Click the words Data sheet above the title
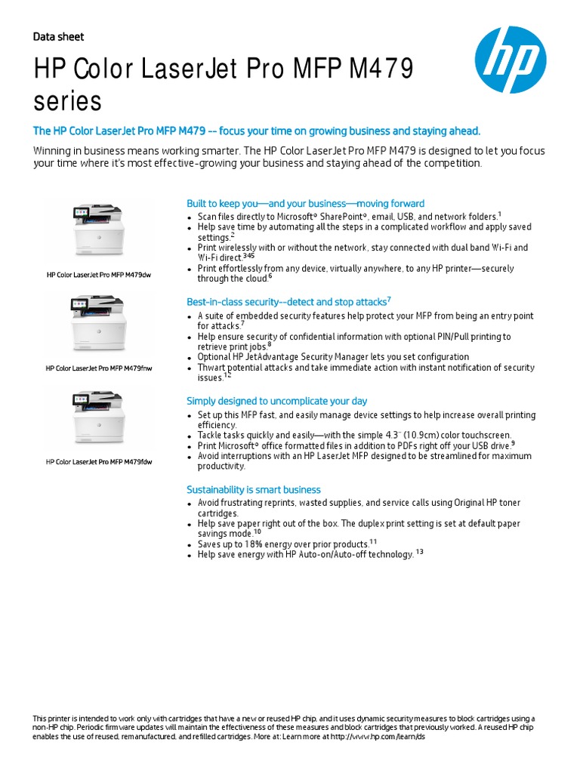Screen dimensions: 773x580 (x=59, y=36)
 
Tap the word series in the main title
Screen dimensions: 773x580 (x=68, y=100)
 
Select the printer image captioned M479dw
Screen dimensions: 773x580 (x=98, y=229)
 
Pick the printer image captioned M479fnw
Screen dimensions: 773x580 (x=98, y=322)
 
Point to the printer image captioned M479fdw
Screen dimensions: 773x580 (x=98, y=417)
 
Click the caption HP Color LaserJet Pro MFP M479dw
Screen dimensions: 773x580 (x=98, y=275)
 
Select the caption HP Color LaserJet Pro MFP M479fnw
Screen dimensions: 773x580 (x=98, y=369)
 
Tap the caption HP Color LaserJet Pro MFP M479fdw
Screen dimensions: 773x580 (x=98, y=462)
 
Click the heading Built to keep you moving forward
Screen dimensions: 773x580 (x=305, y=204)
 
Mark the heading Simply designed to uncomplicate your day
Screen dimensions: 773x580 (x=276, y=401)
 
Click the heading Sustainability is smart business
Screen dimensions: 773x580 (x=254, y=489)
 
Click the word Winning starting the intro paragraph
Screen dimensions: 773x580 (x=54, y=151)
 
